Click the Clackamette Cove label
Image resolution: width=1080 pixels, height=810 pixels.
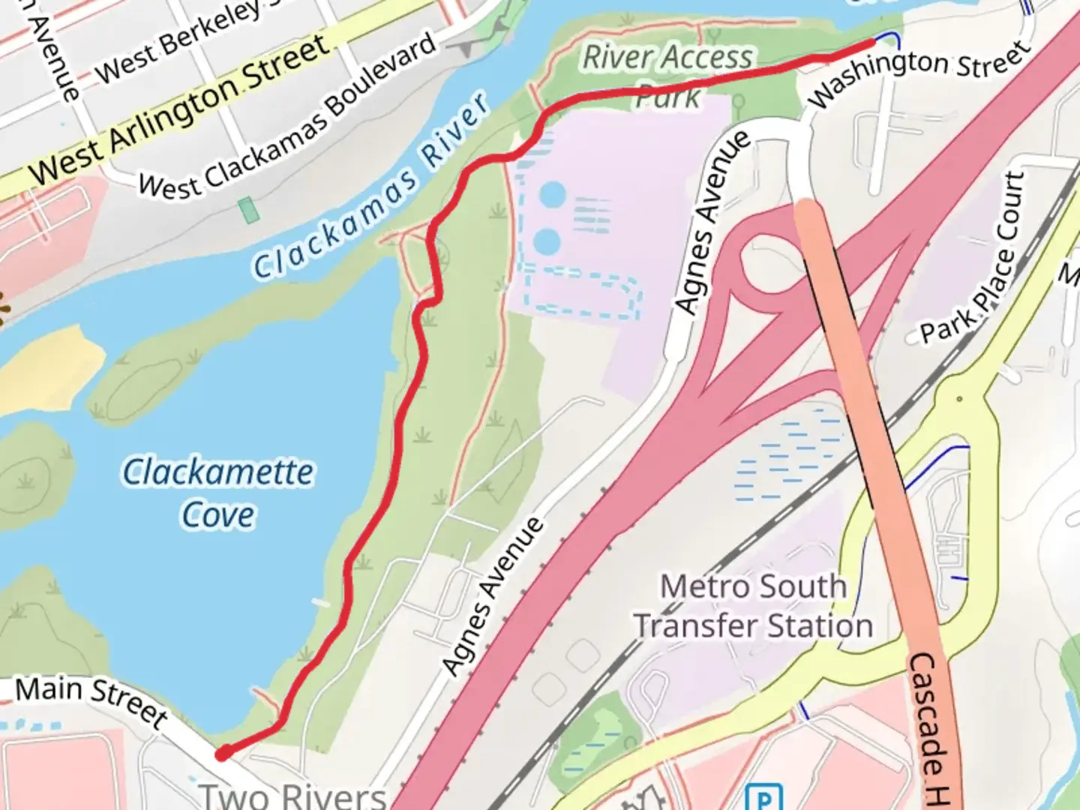(x=217, y=493)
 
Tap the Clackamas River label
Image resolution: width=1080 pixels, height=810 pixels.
(x=371, y=187)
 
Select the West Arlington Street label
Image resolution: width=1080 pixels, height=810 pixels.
(x=180, y=110)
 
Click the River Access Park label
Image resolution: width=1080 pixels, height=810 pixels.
(x=667, y=75)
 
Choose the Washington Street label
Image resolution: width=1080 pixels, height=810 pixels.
(x=919, y=72)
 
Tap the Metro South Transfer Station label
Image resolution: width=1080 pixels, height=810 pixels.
(x=753, y=606)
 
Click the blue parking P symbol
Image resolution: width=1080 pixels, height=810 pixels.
(x=764, y=796)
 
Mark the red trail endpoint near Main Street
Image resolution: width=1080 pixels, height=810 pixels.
(x=223, y=754)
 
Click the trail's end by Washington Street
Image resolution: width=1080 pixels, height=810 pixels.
(x=871, y=45)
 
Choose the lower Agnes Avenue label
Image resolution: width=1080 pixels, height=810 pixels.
(x=492, y=596)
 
